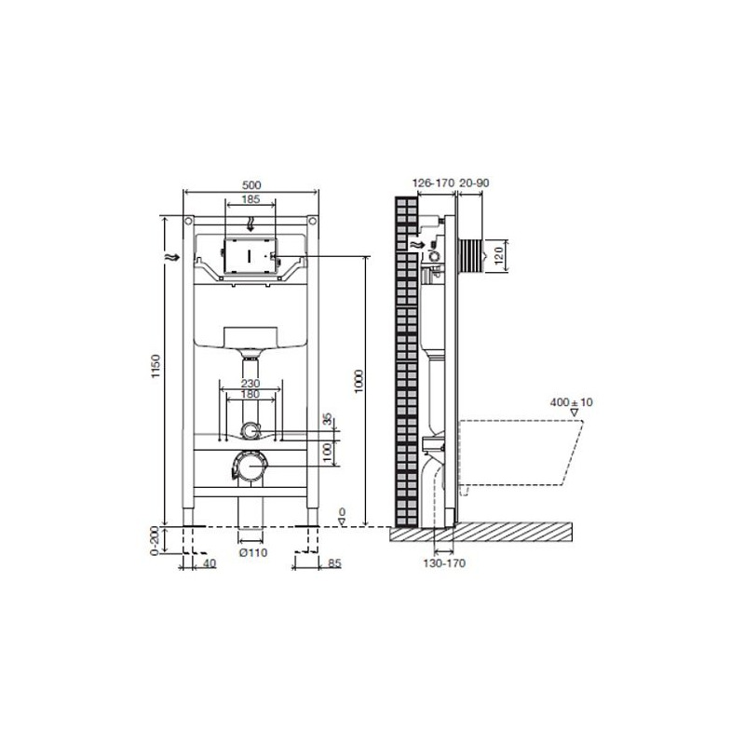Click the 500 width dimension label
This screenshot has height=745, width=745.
[x=251, y=184]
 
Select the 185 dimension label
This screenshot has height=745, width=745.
[x=251, y=199]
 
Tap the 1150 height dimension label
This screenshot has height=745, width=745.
[x=156, y=366]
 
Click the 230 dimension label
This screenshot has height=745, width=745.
[x=251, y=384]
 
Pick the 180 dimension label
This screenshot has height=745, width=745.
[x=251, y=394]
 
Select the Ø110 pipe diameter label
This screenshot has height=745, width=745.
[x=253, y=552]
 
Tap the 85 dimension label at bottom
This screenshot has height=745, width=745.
[x=334, y=563]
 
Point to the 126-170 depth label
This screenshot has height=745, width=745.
[x=433, y=183]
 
